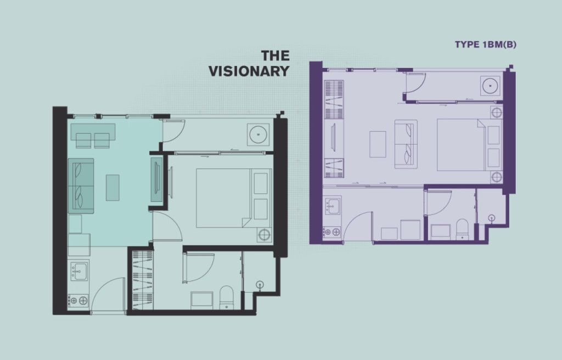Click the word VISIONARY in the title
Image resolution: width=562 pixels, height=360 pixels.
249,71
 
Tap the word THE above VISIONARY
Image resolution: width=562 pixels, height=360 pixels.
276,55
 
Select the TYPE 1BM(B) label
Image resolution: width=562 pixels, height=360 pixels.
486,44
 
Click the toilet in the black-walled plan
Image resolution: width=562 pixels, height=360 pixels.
226,297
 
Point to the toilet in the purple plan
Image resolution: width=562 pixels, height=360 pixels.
462,229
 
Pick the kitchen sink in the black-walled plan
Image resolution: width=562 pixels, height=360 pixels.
79,271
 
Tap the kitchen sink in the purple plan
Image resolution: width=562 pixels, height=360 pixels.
333,206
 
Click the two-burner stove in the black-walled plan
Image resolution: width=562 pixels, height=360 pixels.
78,301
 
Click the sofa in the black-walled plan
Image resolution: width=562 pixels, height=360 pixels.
81,185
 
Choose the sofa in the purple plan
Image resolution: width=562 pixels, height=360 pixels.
406,144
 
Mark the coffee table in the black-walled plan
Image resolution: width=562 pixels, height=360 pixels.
113,188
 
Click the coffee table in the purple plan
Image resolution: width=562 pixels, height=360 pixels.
378,144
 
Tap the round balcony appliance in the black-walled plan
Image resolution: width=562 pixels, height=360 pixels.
258,135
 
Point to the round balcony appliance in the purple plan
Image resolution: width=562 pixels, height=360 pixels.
490,86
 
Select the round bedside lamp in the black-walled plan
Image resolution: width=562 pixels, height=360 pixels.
264,235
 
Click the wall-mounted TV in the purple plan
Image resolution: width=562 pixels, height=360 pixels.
333,137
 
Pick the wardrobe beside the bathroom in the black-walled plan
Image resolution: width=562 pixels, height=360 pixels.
143,280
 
